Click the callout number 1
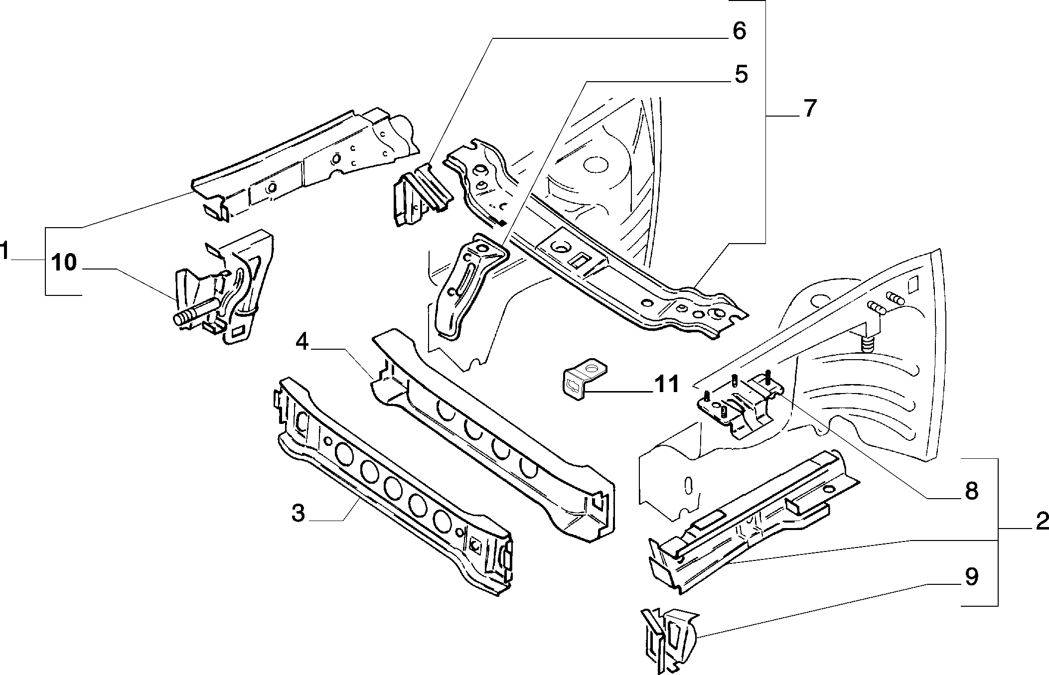click(5, 251)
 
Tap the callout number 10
click(64, 263)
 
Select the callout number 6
click(739, 31)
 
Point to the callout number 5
click(741, 74)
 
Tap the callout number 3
click(298, 513)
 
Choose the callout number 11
click(666, 384)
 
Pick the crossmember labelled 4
click(493, 435)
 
